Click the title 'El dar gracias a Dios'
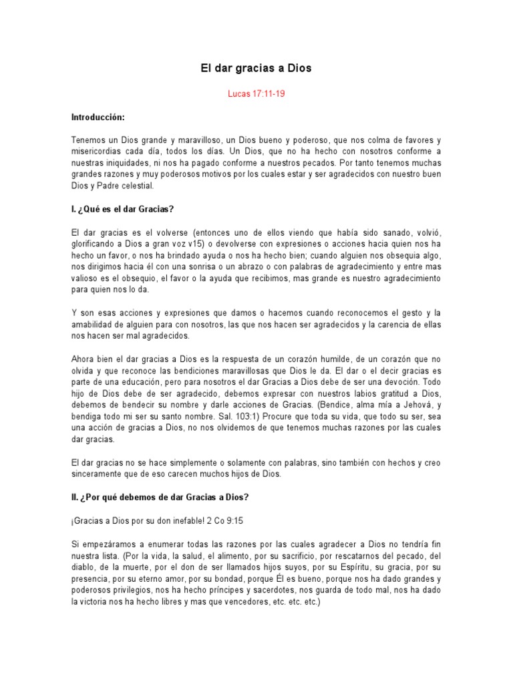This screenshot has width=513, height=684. [x=256, y=68]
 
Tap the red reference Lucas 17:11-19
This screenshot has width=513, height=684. [x=256, y=94]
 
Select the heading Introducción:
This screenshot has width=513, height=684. [x=98, y=117]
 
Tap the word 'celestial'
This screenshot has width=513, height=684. [x=134, y=185]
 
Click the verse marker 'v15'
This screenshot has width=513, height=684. [x=218, y=243]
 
